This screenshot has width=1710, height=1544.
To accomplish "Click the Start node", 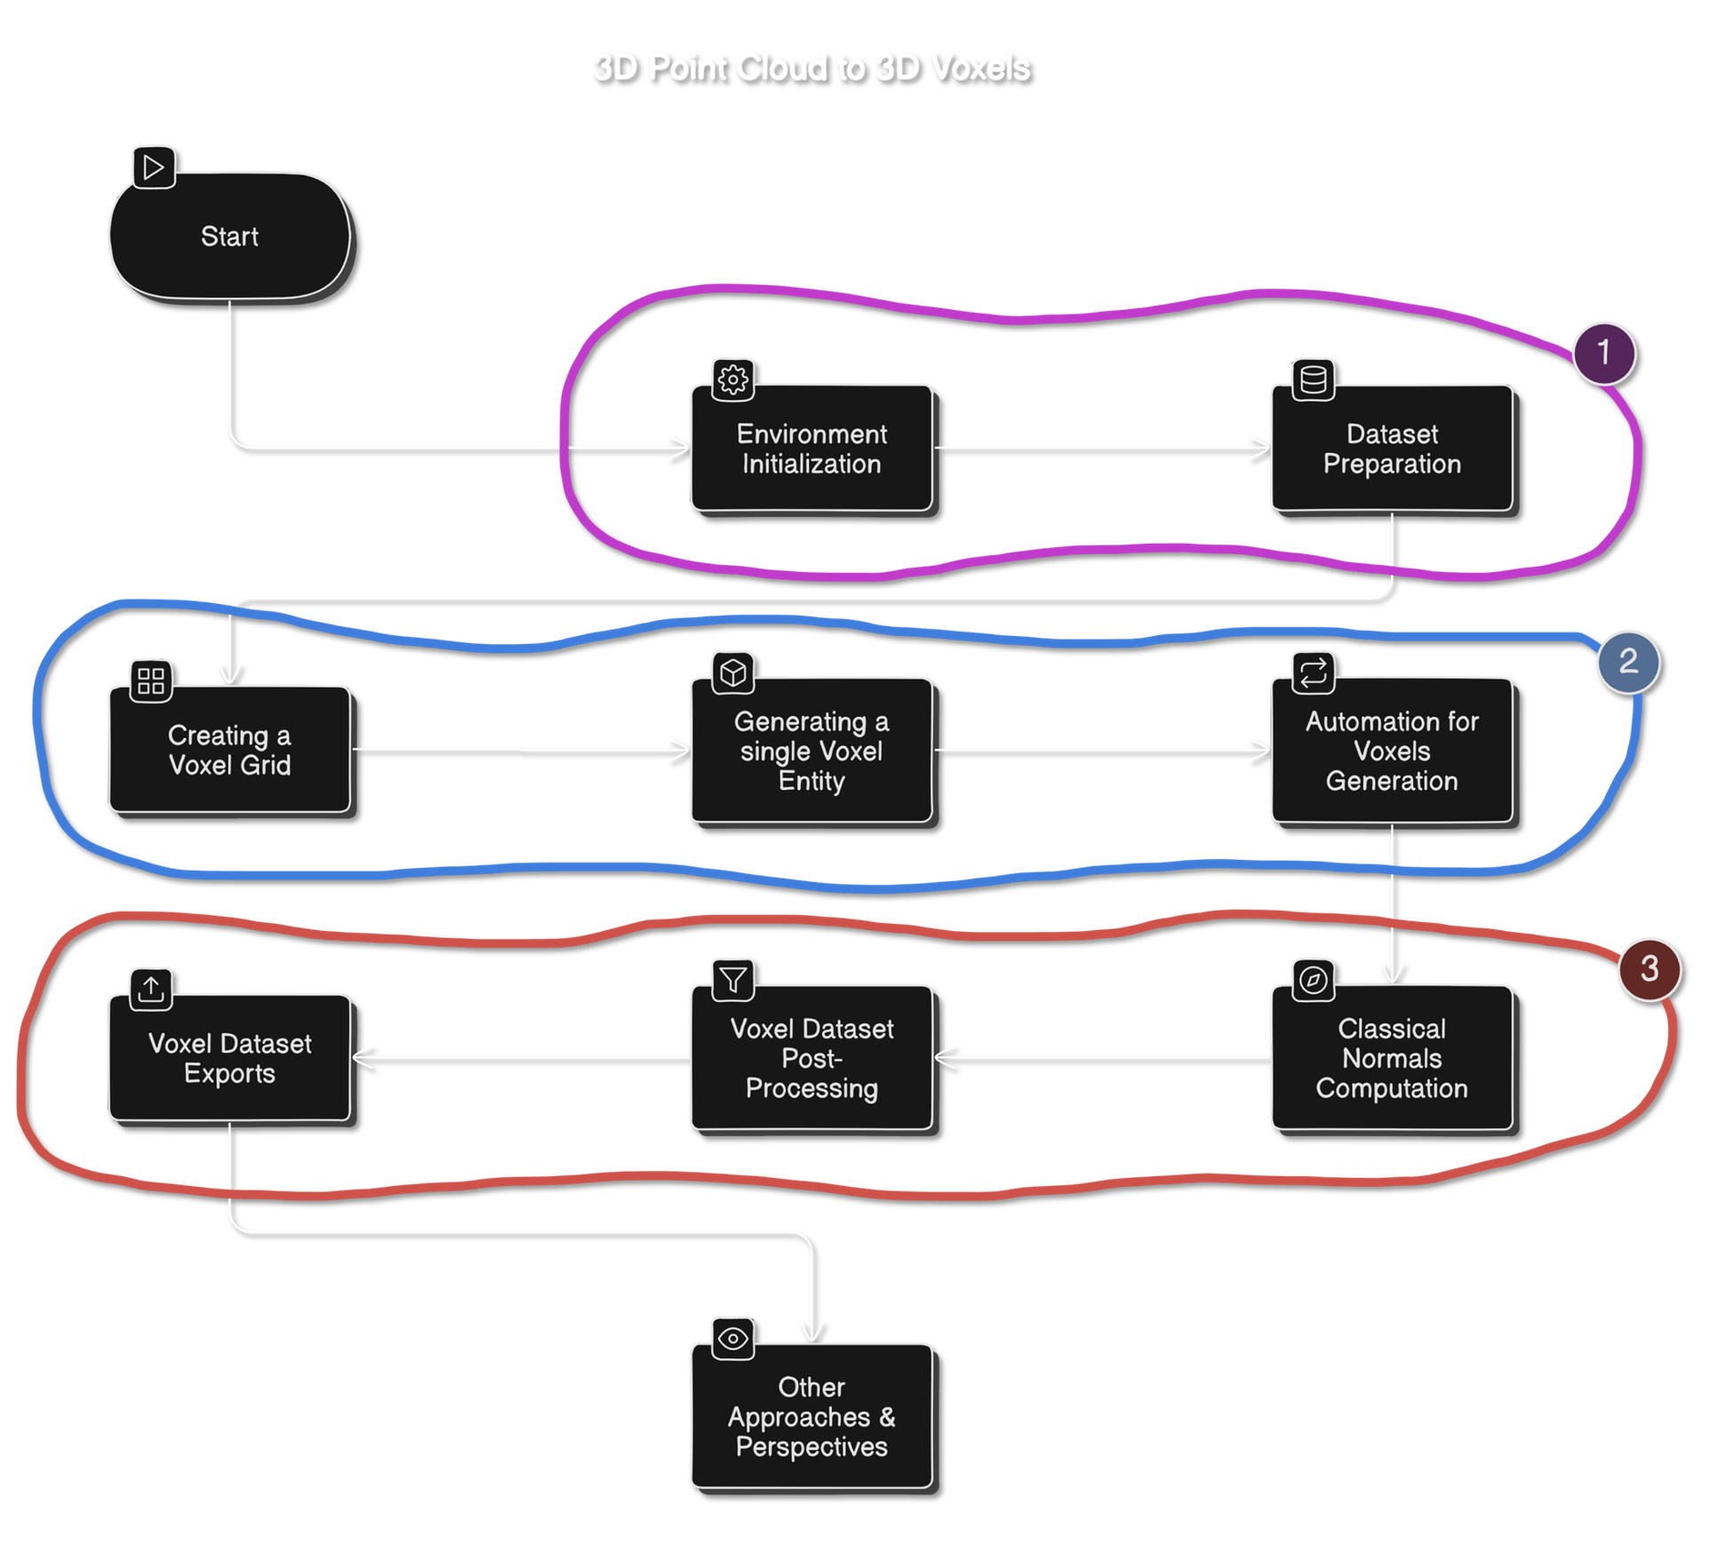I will (229, 236).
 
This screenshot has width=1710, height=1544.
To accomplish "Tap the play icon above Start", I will (154, 167).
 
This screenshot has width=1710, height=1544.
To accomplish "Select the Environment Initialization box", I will (811, 449).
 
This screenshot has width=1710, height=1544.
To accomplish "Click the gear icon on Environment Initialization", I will (733, 379).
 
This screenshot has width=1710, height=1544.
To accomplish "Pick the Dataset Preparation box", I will (1392, 449).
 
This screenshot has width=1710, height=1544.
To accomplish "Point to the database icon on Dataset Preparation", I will (1314, 379).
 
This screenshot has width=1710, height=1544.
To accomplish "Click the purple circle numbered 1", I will (1604, 353).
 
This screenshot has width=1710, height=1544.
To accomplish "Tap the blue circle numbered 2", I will (1628, 662).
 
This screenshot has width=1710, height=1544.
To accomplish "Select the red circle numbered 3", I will (1650, 969).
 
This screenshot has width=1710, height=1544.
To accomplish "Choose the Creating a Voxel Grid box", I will (229, 750).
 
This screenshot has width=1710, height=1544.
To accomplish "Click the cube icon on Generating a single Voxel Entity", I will (733, 673).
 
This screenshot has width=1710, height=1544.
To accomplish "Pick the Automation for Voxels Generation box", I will (1392, 751).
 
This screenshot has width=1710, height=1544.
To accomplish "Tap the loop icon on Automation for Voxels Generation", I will (1314, 673).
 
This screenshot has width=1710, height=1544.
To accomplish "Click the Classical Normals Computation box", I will (1392, 1058).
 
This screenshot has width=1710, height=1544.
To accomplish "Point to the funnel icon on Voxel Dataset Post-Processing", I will (733, 980).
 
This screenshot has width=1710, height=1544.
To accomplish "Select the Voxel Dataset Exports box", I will (229, 1058).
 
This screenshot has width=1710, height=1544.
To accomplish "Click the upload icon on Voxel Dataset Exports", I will (151, 989).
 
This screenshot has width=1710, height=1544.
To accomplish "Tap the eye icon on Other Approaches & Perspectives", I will (733, 1339).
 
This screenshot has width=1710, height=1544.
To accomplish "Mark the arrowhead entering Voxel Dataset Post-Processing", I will (944, 1057).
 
